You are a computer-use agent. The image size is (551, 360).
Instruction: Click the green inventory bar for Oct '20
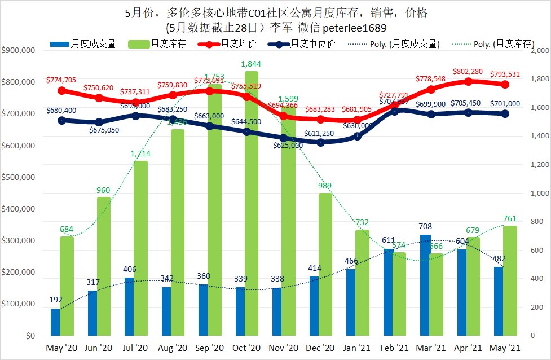click(x=251, y=203)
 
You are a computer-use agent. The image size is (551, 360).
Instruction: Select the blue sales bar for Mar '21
click(x=425, y=285)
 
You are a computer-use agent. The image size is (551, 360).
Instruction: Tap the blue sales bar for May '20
click(x=55, y=322)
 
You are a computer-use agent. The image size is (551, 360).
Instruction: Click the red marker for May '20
click(x=61, y=90)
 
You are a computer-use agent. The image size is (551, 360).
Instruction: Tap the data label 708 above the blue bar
click(x=425, y=227)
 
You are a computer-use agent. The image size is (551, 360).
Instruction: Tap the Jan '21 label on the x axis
click(x=357, y=349)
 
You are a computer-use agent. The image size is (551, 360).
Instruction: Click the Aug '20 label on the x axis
click(x=172, y=349)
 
